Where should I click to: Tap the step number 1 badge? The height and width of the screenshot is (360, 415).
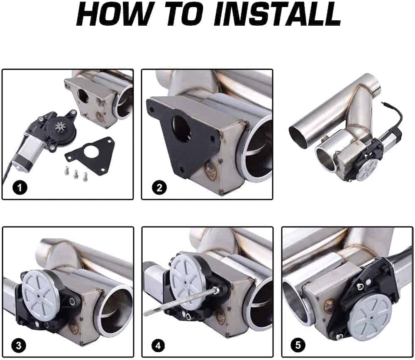[20, 188]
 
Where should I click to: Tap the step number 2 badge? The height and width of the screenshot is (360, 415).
[159, 188]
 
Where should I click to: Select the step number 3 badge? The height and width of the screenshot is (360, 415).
[19, 345]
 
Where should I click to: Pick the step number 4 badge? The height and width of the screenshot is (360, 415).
[158, 345]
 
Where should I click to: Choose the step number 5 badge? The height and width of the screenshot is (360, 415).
[298, 345]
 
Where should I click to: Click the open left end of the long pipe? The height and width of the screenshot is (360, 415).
[299, 136]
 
